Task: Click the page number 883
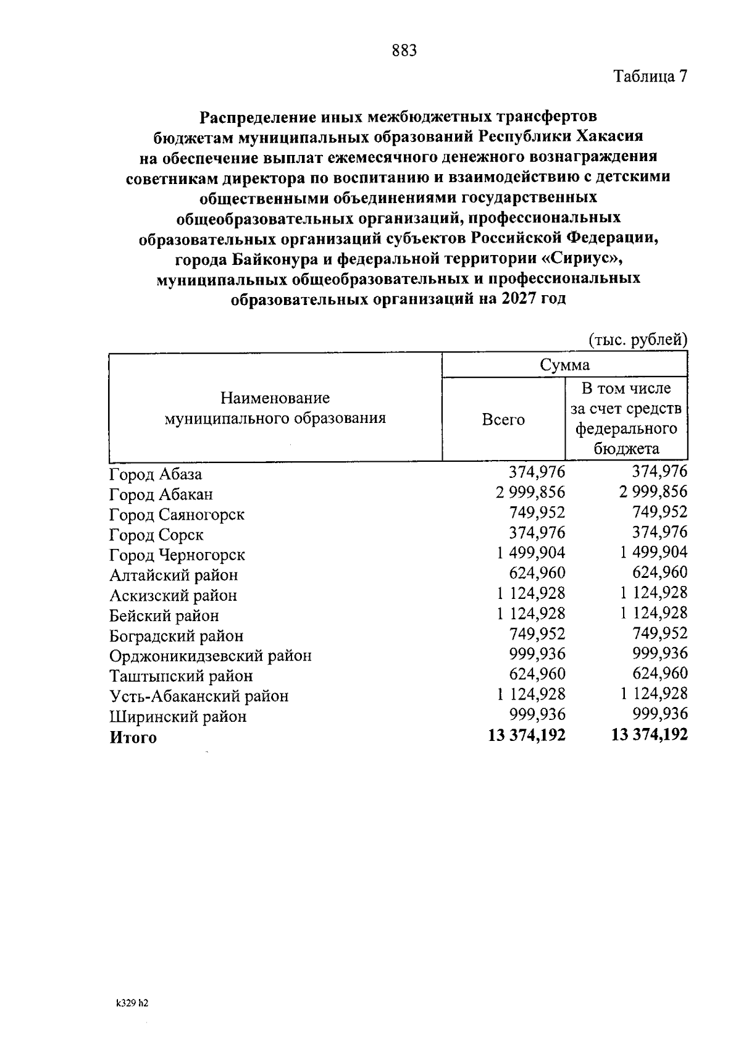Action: [x=404, y=51]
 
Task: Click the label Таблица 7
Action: [x=650, y=77]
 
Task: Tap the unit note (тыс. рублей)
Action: [x=637, y=340]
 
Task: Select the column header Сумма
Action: [x=564, y=365]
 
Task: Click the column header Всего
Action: [x=503, y=420]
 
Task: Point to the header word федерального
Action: [x=626, y=429]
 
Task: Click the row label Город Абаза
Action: [x=156, y=474]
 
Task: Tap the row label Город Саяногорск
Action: [x=177, y=514]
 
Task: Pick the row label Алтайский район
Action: [x=174, y=575]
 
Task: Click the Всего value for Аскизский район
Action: [x=530, y=593]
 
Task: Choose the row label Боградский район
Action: [x=176, y=636]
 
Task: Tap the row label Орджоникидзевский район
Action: [x=210, y=656]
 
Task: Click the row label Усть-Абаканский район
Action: [x=199, y=696]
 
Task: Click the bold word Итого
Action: [x=133, y=737]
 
